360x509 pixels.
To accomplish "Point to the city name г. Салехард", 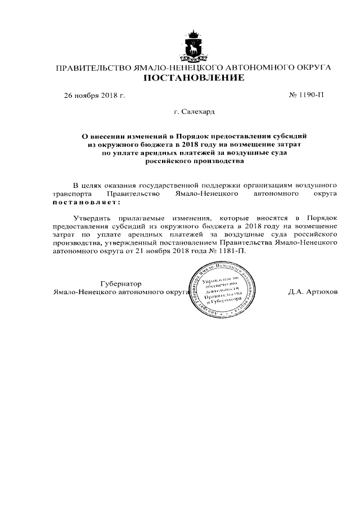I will (194, 112).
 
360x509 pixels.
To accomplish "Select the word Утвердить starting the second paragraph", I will (92, 217).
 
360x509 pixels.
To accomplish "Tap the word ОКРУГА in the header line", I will (311, 68).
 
